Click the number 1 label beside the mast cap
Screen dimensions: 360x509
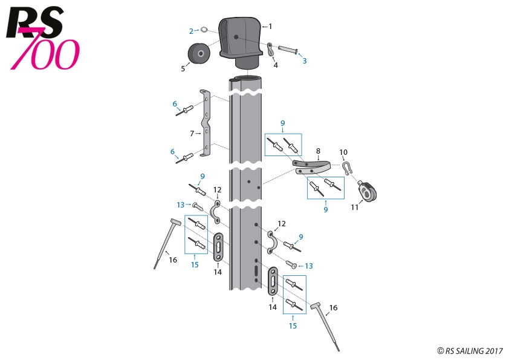tap(270, 26)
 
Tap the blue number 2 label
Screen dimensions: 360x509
tap(191, 31)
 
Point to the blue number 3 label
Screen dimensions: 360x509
tap(304, 61)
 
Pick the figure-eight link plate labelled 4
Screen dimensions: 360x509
tap(270, 48)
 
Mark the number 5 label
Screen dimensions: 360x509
tap(183, 69)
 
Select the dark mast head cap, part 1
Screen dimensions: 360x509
tap(242, 39)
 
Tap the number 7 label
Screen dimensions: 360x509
tap(191, 133)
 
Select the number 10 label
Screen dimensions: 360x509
tap(343, 152)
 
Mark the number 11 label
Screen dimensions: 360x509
tap(355, 207)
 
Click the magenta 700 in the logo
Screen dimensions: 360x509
tap(51, 54)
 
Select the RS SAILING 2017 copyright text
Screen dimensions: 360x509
tap(470, 350)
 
